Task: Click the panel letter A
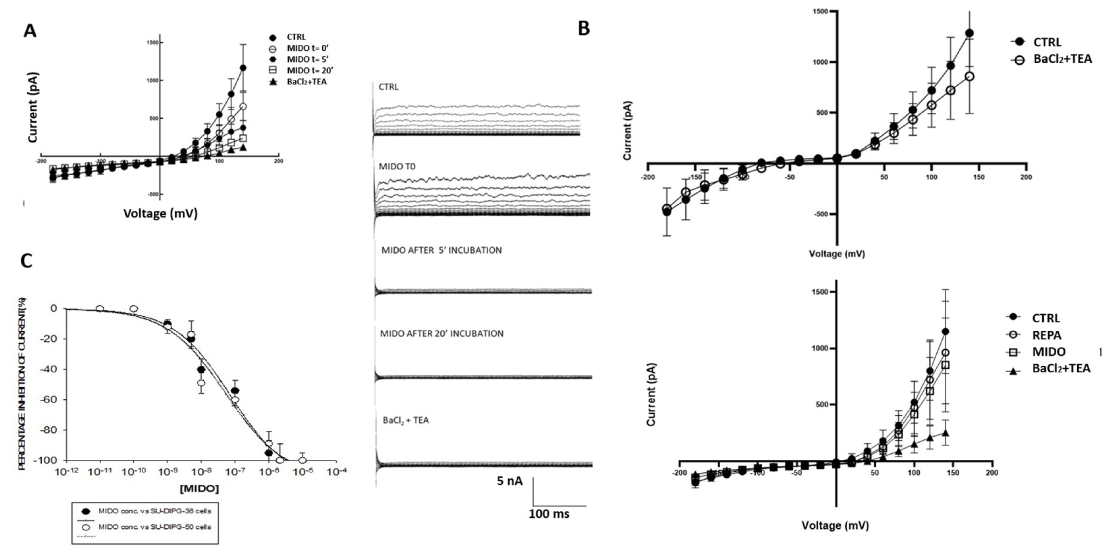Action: click(x=30, y=30)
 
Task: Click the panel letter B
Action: click(x=584, y=28)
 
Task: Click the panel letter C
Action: click(x=27, y=261)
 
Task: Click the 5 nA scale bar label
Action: click(x=510, y=481)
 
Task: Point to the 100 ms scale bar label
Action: click(x=549, y=514)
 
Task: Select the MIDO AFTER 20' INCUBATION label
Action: click(x=441, y=333)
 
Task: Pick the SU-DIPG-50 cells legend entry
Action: click(x=155, y=527)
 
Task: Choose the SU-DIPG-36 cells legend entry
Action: click(x=155, y=511)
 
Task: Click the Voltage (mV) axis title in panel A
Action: click(x=160, y=213)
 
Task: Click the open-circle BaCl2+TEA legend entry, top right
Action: click(x=1062, y=59)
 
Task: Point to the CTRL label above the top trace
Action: click(x=388, y=87)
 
